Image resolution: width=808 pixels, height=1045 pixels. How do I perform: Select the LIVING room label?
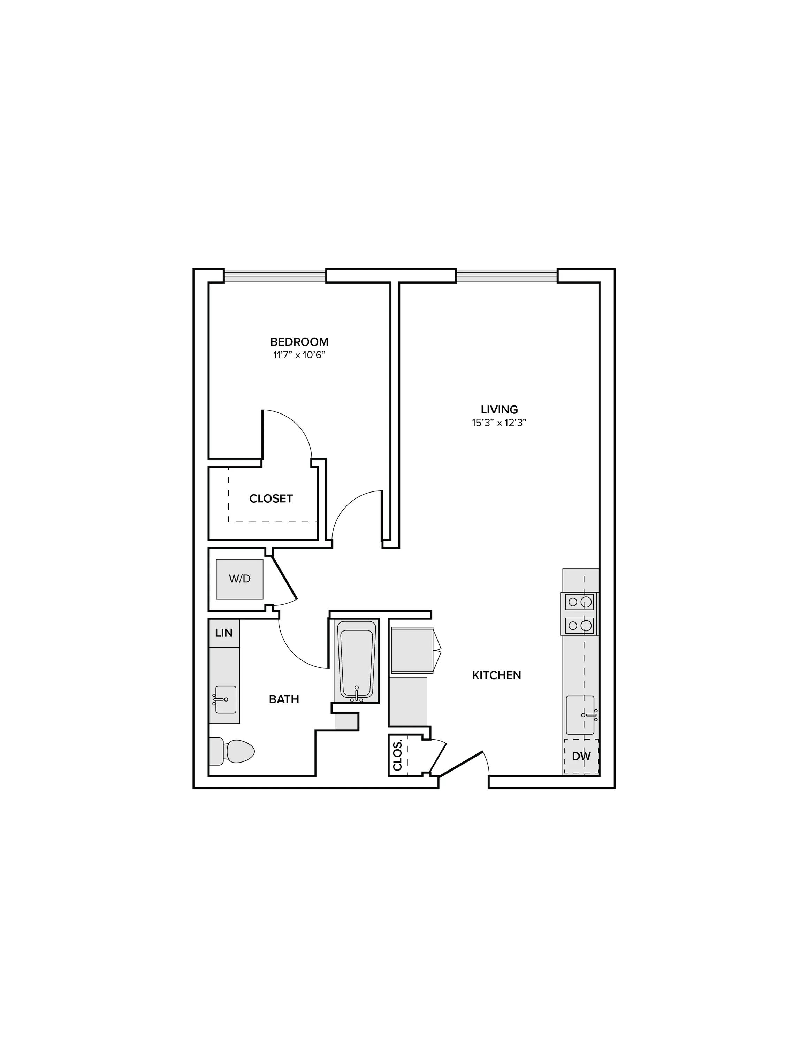point(499,410)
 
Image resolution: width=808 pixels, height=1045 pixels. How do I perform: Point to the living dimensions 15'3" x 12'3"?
point(499,423)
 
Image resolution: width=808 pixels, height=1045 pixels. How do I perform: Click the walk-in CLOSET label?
point(271,498)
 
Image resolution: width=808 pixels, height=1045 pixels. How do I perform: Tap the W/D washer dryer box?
point(239,579)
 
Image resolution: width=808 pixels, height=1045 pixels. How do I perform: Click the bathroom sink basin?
point(226,699)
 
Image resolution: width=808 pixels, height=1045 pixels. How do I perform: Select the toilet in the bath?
point(232,751)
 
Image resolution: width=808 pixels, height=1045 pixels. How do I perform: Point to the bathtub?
point(356,661)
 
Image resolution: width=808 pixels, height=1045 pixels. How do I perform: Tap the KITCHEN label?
point(496,675)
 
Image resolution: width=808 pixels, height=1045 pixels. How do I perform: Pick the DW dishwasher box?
point(581,757)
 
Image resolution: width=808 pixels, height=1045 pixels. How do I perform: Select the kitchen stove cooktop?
point(580,613)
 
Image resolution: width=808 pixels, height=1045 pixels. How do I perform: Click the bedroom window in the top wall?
point(275,276)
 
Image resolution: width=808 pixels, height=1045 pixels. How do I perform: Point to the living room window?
point(507,276)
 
